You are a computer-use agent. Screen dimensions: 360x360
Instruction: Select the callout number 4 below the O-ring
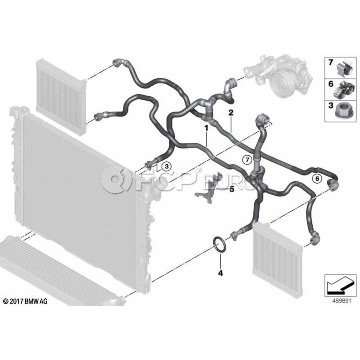click(220, 274)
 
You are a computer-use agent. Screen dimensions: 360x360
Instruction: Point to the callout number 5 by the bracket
click(232, 189)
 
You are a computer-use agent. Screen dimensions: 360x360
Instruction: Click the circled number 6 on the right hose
click(317, 179)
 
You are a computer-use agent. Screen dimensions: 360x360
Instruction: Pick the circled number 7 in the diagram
click(247, 160)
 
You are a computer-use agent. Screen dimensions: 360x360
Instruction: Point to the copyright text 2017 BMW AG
click(25, 301)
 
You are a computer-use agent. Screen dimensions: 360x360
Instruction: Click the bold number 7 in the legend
click(330, 62)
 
